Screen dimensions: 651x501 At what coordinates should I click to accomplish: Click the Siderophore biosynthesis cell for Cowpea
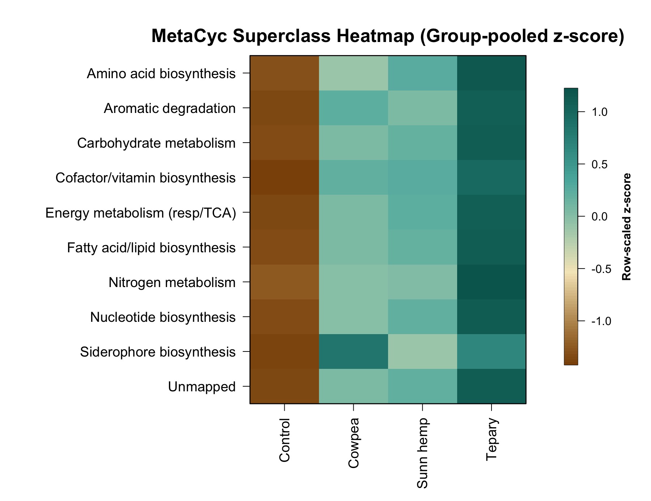click(x=353, y=351)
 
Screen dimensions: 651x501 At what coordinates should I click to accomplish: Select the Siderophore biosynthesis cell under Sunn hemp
click(x=422, y=351)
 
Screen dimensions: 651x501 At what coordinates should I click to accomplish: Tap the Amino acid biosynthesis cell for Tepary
click(x=492, y=73)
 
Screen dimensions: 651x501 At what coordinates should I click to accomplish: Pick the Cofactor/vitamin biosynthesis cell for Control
click(x=284, y=177)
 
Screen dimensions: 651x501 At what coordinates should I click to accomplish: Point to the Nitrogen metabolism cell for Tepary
click(x=492, y=282)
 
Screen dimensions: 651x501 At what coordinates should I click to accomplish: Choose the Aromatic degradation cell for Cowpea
click(x=353, y=108)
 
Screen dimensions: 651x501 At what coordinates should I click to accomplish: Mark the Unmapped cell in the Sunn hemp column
click(x=422, y=386)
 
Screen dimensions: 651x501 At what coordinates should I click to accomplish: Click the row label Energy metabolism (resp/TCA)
click(x=141, y=213)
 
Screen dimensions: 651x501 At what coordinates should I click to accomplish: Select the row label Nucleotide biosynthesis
click(x=163, y=317)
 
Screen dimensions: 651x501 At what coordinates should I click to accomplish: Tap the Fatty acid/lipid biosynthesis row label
click(x=151, y=248)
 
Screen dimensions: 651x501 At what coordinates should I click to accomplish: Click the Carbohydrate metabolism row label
click(x=156, y=143)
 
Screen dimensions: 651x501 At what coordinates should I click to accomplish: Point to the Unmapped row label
click(x=202, y=387)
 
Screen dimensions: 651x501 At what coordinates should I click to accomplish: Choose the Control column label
click(x=285, y=440)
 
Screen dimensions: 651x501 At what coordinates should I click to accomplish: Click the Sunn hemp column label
click(x=422, y=453)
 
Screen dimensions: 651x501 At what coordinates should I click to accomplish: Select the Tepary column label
click(x=492, y=439)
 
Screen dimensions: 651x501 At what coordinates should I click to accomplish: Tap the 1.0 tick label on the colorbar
click(x=599, y=112)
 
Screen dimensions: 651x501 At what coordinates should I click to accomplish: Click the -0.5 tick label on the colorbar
click(x=601, y=269)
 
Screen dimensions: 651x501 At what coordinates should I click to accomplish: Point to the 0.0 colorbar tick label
click(x=599, y=216)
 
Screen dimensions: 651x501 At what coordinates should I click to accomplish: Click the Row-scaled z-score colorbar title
click(x=626, y=227)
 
